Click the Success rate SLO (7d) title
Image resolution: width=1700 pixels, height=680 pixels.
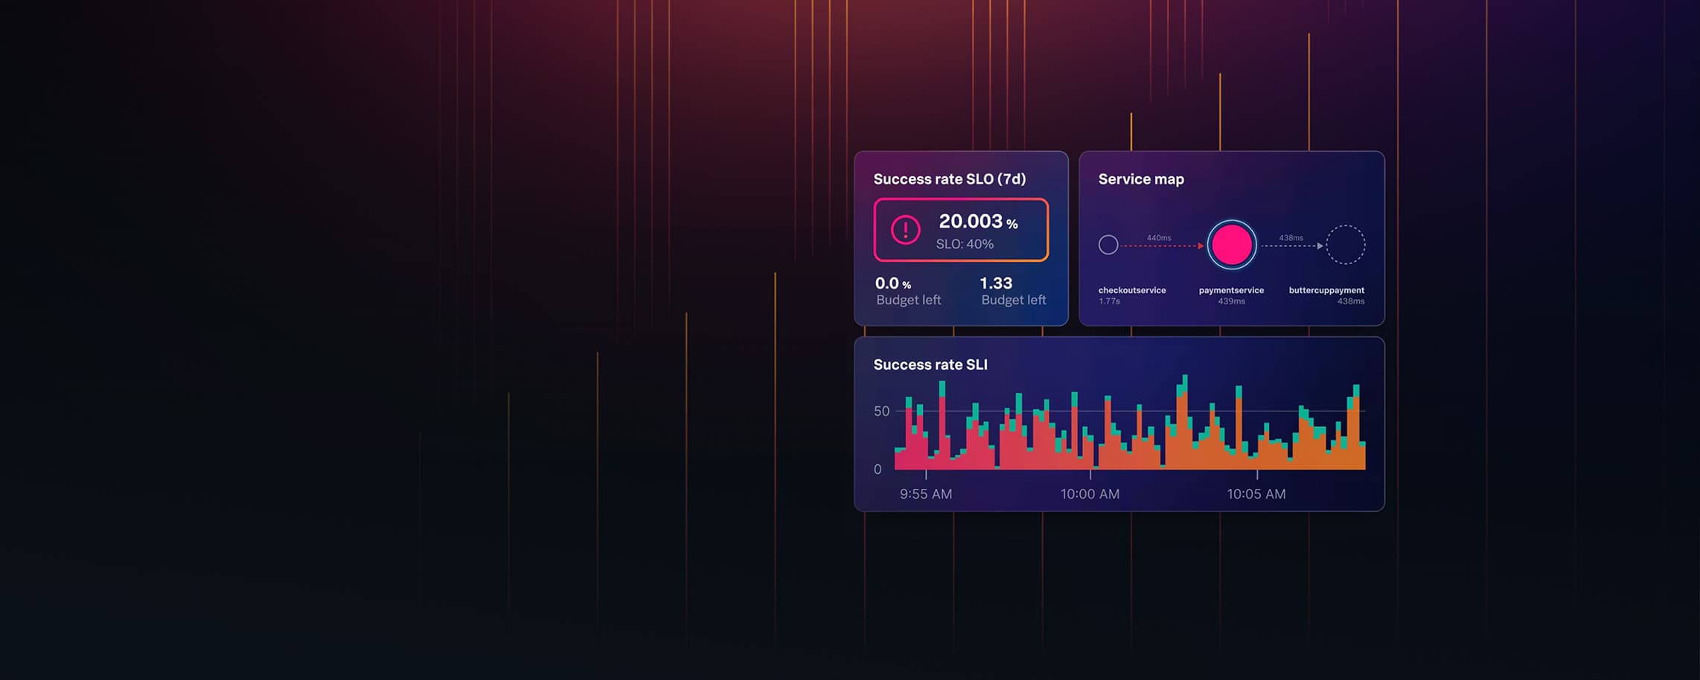point(950,179)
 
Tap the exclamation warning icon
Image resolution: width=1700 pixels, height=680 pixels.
point(906,230)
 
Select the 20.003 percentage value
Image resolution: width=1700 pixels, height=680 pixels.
point(978,221)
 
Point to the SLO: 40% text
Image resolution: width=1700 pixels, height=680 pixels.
point(965,244)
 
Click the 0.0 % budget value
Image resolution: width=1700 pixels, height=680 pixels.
point(893,283)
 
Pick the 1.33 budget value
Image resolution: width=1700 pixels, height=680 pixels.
point(996,283)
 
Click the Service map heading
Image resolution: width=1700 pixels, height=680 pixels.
point(1141,179)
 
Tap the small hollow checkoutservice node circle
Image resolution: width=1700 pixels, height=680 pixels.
point(1108,245)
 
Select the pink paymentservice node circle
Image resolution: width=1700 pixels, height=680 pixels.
point(1232,245)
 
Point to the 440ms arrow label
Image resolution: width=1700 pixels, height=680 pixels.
point(1159,238)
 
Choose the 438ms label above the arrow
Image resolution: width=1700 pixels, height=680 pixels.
point(1291,238)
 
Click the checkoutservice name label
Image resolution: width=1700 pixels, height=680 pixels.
point(1132,290)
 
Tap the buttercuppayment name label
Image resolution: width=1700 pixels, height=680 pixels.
point(1326,290)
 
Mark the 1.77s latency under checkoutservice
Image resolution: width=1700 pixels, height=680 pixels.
point(1109,301)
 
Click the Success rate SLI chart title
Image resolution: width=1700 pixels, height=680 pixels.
point(930,365)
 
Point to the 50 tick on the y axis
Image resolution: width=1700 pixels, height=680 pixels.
point(882,411)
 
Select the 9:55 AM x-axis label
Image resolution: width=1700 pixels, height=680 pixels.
point(926,494)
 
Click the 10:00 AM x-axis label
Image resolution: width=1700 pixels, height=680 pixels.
point(1090,494)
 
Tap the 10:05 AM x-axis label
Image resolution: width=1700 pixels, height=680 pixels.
point(1256,494)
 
